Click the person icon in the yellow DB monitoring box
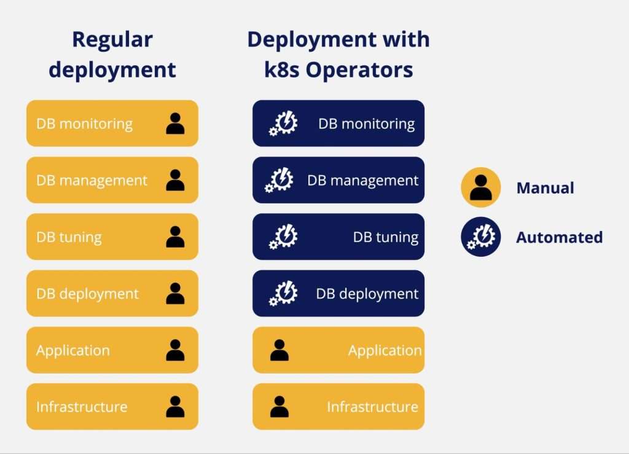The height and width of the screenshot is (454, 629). pyautogui.click(x=175, y=123)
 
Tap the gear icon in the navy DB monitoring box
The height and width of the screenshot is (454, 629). pyautogui.click(x=284, y=124)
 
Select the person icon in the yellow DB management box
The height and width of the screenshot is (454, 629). pyautogui.click(x=175, y=180)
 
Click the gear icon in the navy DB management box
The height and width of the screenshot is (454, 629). pyautogui.click(x=279, y=181)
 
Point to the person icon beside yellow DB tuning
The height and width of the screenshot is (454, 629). pyautogui.click(x=175, y=237)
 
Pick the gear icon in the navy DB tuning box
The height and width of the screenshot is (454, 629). pyautogui.click(x=284, y=237)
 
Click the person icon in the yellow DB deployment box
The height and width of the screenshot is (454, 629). pyautogui.click(x=175, y=294)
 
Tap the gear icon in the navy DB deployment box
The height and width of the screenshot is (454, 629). pyautogui.click(x=284, y=294)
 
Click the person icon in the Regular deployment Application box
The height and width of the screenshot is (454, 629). pyautogui.click(x=175, y=350)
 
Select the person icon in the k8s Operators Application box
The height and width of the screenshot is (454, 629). pyautogui.click(x=279, y=350)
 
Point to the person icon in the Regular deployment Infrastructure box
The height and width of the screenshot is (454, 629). pyautogui.click(x=175, y=407)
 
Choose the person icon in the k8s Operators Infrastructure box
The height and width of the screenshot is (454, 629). pyautogui.click(x=279, y=407)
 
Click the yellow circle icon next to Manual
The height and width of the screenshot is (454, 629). pyautogui.click(x=481, y=187)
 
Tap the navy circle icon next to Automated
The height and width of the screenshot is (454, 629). pyautogui.click(x=481, y=237)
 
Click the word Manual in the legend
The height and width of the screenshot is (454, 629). pyautogui.click(x=545, y=188)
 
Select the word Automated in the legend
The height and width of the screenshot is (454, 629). pyautogui.click(x=559, y=237)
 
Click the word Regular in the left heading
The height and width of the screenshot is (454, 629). pyautogui.click(x=112, y=40)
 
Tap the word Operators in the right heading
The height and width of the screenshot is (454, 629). pyautogui.click(x=359, y=70)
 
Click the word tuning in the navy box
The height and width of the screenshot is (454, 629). pyautogui.click(x=396, y=238)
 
